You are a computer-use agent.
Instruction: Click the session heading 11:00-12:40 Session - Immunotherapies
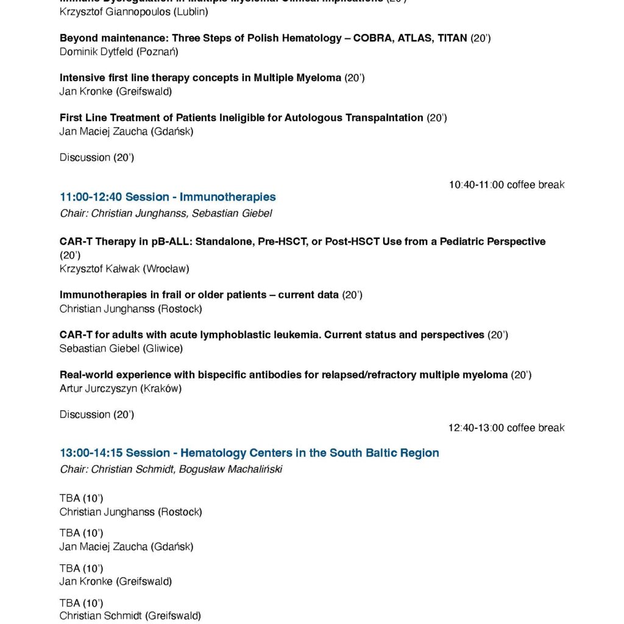pyautogui.click(x=168, y=197)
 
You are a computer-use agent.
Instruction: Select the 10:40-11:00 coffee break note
pyautogui.click(x=506, y=185)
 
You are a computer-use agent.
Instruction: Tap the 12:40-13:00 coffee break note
pyautogui.click(x=506, y=428)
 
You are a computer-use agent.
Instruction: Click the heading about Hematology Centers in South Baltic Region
pyautogui.click(x=249, y=453)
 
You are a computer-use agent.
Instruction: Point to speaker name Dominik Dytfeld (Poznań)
pyautogui.click(x=119, y=52)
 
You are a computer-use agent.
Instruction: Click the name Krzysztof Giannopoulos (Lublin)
pyautogui.click(x=133, y=12)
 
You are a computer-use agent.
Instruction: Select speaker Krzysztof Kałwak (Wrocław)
pyautogui.click(x=124, y=269)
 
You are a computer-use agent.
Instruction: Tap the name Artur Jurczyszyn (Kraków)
pyautogui.click(x=120, y=388)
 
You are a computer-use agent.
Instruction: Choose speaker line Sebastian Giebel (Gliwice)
pyautogui.click(x=121, y=349)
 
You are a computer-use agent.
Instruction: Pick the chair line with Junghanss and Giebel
pyautogui.click(x=166, y=213)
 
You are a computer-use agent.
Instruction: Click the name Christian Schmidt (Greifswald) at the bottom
pyautogui.click(x=130, y=615)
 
